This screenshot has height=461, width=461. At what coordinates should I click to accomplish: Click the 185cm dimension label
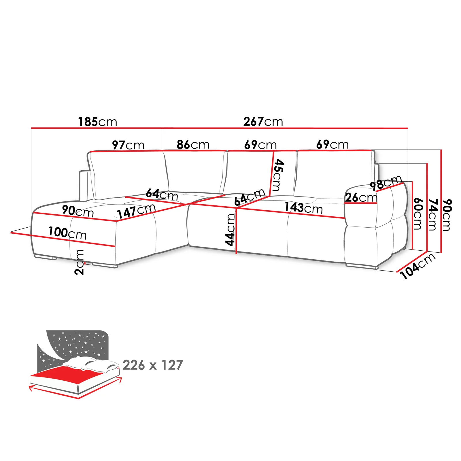(x=98, y=122)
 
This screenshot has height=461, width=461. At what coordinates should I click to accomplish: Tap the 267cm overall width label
(x=263, y=122)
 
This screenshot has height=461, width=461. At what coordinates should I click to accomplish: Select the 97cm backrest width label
(x=128, y=145)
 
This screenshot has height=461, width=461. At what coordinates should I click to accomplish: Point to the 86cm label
(x=193, y=144)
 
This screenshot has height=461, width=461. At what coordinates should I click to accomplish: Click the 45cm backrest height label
(x=278, y=175)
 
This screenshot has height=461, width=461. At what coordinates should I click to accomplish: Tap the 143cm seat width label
(x=304, y=208)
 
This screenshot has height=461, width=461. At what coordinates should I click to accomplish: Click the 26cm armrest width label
(x=361, y=198)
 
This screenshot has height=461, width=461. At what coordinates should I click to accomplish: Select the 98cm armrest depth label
(x=386, y=183)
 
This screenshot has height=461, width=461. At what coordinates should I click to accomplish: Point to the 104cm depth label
(x=418, y=266)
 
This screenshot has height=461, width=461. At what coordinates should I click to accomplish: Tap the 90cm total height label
(x=447, y=215)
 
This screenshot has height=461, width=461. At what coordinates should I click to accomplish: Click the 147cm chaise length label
(x=136, y=211)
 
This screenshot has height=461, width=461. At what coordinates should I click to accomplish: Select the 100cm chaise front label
(x=67, y=233)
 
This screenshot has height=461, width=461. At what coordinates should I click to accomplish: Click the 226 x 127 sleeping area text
(x=153, y=365)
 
